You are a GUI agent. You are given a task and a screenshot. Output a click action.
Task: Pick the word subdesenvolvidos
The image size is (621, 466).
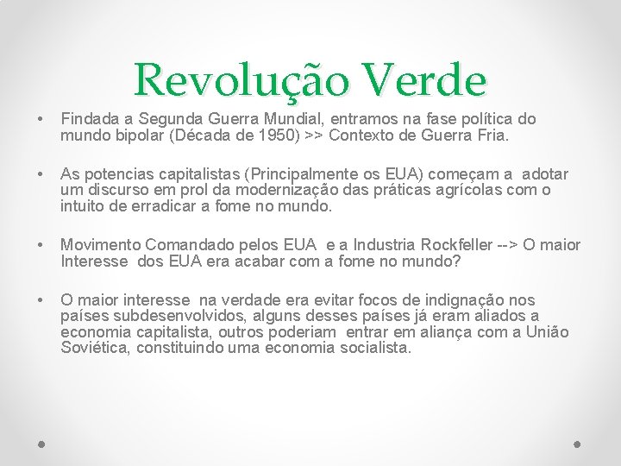(165, 316)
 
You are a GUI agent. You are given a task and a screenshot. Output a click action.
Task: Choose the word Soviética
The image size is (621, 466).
(95, 348)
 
